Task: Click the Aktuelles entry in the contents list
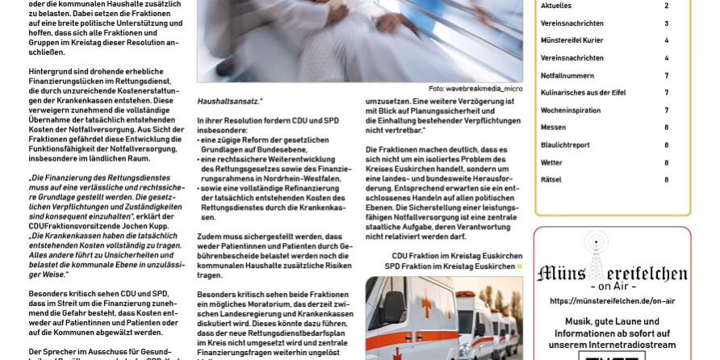coord(556,6)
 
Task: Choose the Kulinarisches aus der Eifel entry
coord(583,93)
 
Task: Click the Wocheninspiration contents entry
coord(570,110)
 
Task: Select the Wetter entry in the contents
coord(551,162)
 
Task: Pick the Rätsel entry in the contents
coord(550,179)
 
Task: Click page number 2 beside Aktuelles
coord(666,6)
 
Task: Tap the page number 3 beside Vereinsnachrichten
coord(666,23)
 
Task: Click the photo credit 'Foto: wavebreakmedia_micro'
coord(475,89)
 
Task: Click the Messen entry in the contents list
coord(553,128)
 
